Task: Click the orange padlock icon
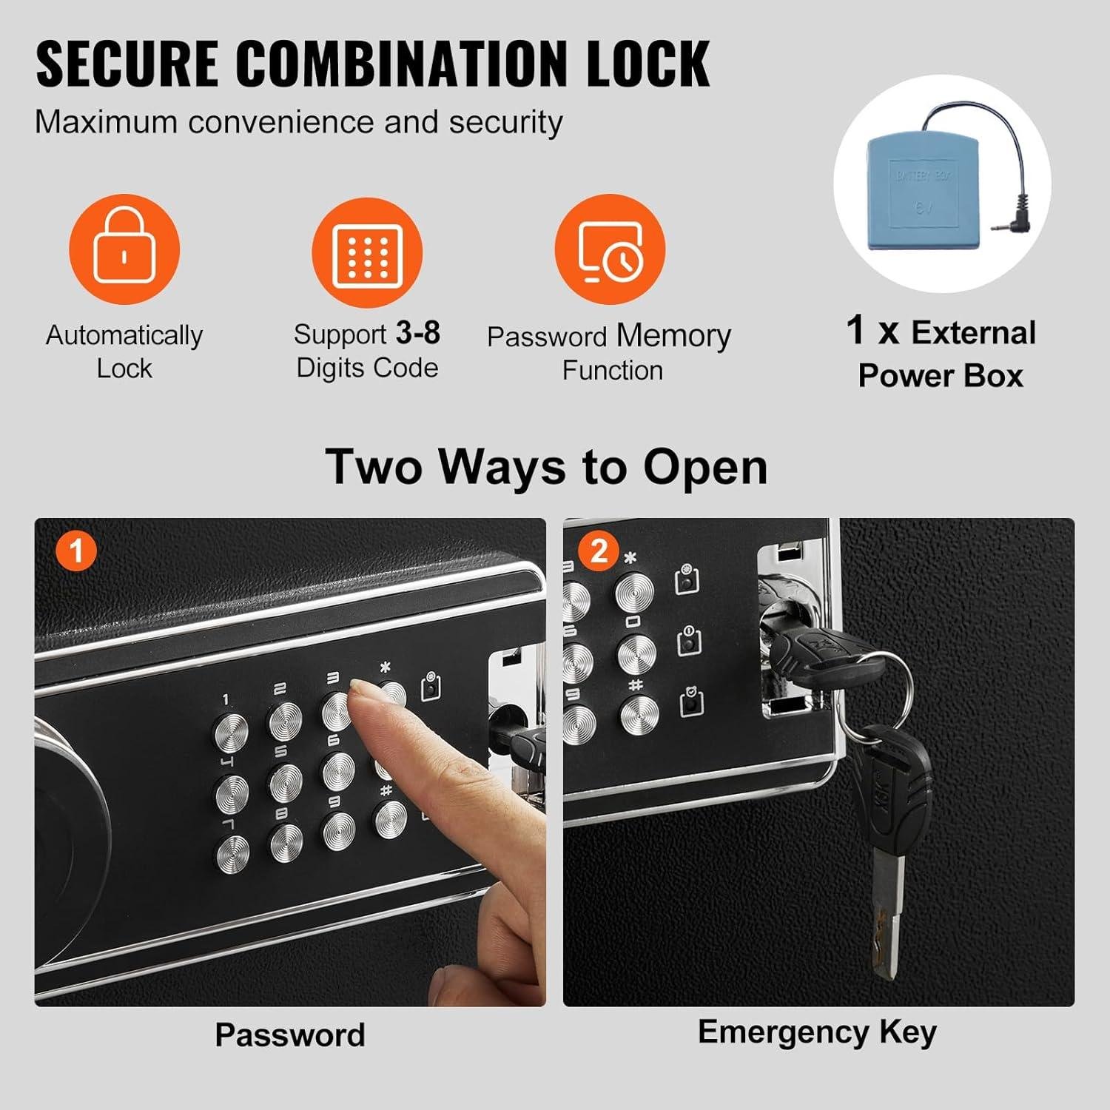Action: [124, 249]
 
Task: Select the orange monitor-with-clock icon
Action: [610, 250]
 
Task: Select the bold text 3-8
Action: [418, 333]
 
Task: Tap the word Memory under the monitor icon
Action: [673, 335]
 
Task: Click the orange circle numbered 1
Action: [76, 551]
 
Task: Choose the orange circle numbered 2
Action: [599, 551]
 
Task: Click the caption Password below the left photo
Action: [290, 1035]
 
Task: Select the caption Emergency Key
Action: [817, 1032]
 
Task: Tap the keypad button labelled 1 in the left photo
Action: [232, 732]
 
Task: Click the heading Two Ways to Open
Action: [547, 467]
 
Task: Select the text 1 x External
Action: [941, 332]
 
